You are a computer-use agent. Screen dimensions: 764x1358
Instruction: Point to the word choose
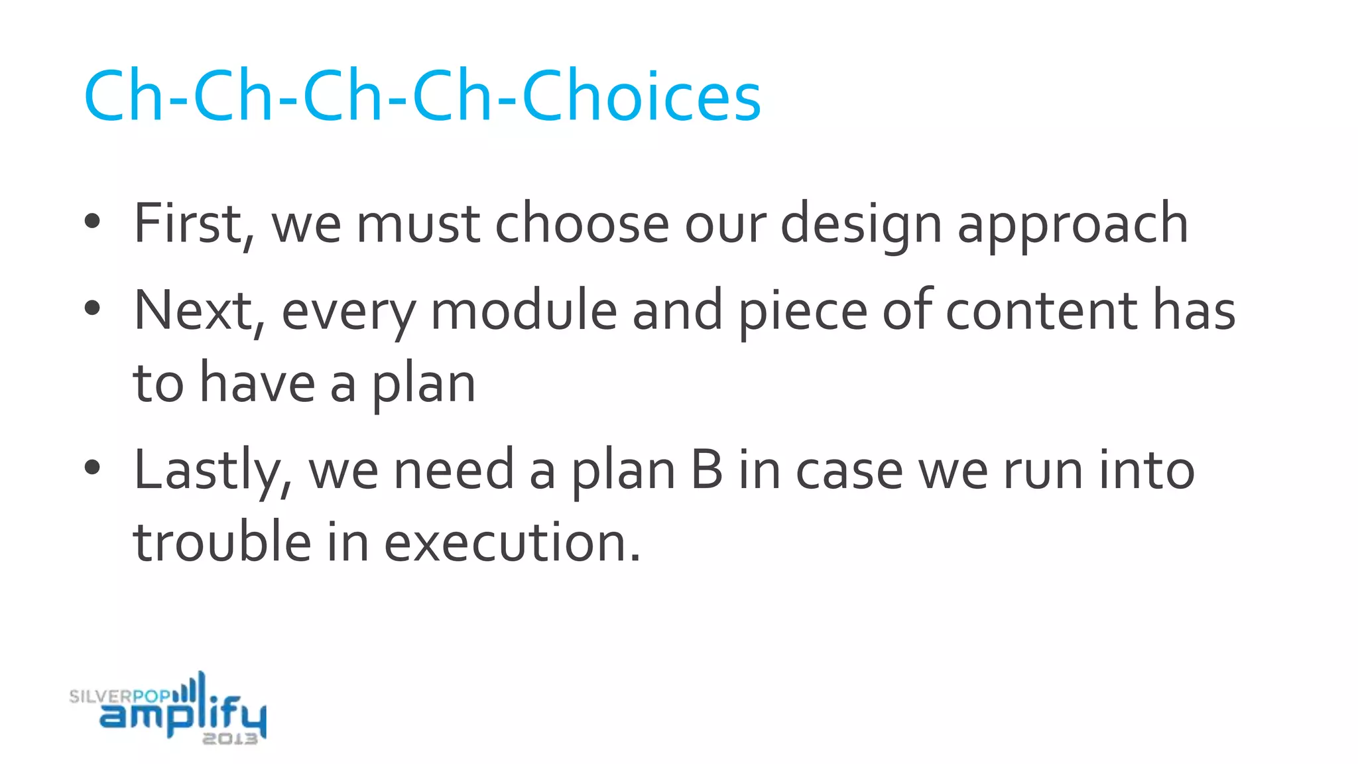(x=582, y=224)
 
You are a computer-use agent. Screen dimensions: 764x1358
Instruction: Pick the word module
(x=524, y=310)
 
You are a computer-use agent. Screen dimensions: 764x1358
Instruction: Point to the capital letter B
(x=706, y=470)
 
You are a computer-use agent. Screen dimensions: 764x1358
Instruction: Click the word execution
(x=512, y=542)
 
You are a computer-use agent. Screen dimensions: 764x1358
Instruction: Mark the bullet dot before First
(x=92, y=222)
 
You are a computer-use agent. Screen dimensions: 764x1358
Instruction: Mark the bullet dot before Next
(x=92, y=308)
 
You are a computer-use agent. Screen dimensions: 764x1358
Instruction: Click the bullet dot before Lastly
(x=92, y=467)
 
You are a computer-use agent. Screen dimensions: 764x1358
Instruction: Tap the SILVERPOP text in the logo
(x=119, y=696)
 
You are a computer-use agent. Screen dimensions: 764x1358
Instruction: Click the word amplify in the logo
(x=182, y=715)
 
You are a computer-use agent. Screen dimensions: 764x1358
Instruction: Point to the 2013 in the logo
(x=229, y=739)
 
